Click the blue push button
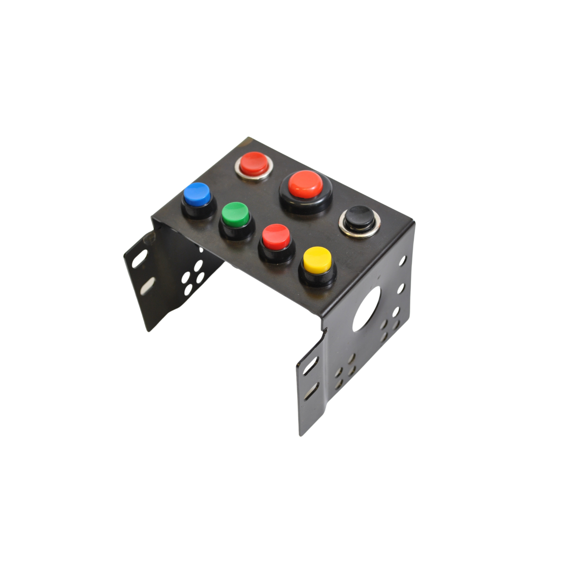tap(197, 193)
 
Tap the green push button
tap(236, 213)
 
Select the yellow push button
tap(317, 259)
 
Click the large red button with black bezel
tap(305, 184)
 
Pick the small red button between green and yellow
tap(276, 236)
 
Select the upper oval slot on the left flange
tap(140, 258)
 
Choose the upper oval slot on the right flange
tap(310, 365)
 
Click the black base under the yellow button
tap(318, 278)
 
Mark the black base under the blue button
tap(199, 211)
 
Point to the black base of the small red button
tap(277, 254)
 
